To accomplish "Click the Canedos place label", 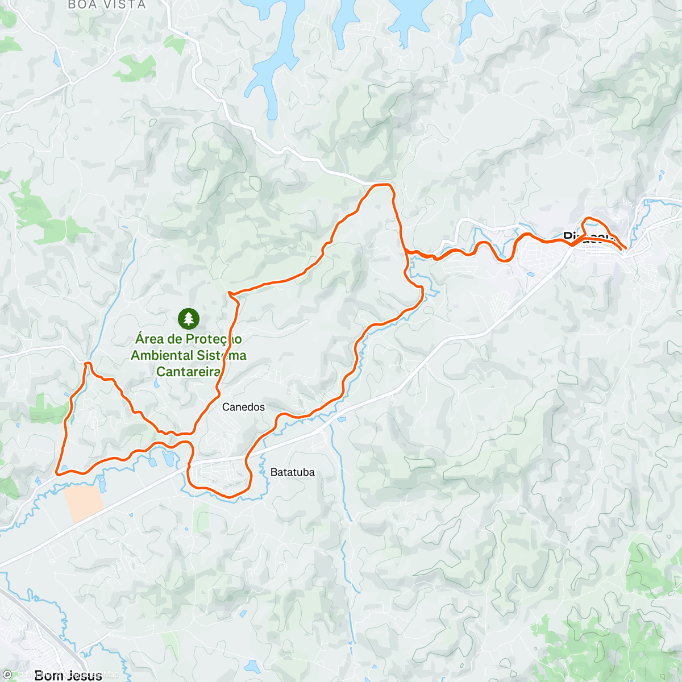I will click(243, 407).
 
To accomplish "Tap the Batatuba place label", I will click(292, 472).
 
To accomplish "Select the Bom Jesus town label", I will click(68, 675).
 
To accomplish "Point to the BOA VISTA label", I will click(107, 5).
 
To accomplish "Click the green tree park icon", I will click(188, 319).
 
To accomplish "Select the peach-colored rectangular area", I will click(83, 502).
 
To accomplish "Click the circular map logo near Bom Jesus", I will click(7, 675).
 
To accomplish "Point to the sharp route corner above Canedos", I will click(229, 293).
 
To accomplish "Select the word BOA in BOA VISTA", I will click(80, 5).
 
